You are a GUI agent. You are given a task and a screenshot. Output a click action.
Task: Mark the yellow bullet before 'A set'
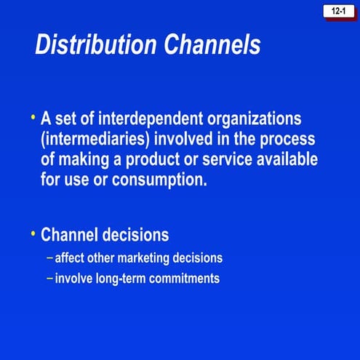point(33,116)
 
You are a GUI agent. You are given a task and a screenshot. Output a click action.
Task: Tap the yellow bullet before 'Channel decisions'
point(33,233)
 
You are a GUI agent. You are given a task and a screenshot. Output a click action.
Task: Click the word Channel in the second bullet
point(70,236)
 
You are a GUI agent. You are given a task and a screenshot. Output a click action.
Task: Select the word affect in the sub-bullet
point(72,258)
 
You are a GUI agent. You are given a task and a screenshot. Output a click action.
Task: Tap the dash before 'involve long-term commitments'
point(49,279)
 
